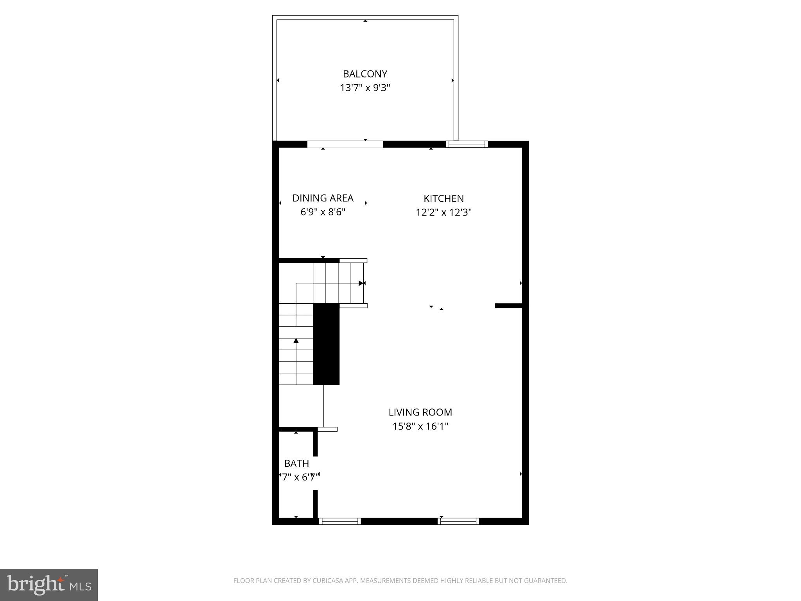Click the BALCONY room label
click(365, 74)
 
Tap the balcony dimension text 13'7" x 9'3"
click(365, 88)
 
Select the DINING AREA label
click(323, 198)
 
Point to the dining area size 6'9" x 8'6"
click(323, 212)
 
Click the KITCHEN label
click(444, 198)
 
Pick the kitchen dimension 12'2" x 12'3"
click(444, 212)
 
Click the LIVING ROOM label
click(420, 412)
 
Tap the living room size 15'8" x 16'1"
click(420, 426)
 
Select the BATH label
click(296, 463)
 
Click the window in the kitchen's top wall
click(467, 144)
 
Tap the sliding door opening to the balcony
click(345, 144)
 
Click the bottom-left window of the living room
click(339, 521)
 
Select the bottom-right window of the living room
click(458, 521)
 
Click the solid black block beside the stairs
click(326, 344)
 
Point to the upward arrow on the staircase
click(296, 341)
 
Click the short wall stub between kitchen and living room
click(508, 306)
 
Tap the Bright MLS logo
click(49, 585)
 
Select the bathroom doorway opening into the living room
click(315, 473)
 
